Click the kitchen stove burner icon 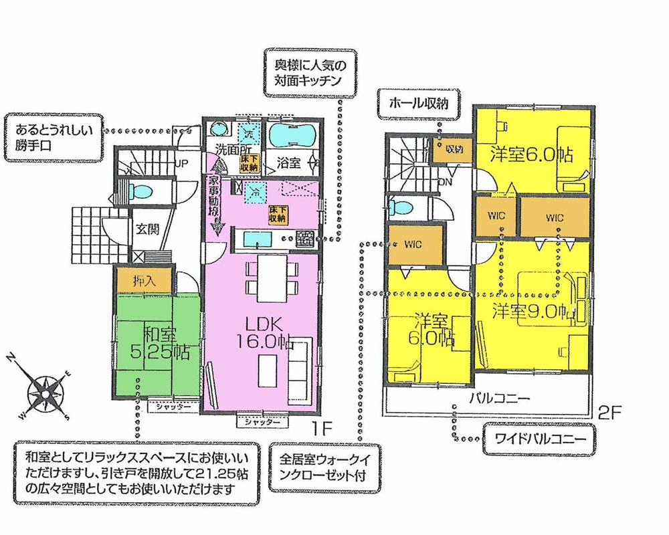304,237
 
